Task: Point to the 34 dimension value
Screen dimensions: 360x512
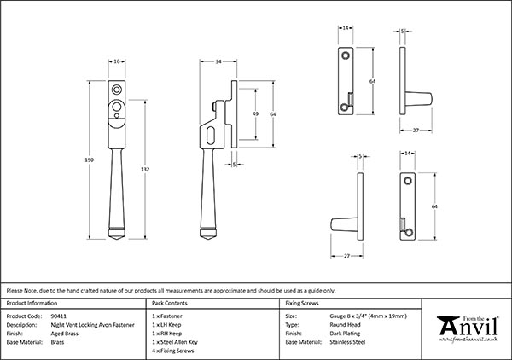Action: pyautogui.click(x=219, y=61)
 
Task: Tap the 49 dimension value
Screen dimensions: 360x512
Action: pyautogui.click(x=255, y=113)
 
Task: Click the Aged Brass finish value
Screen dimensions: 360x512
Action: pyautogui.click(x=65, y=333)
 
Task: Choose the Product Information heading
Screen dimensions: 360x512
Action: pyautogui.click(x=32, y=304)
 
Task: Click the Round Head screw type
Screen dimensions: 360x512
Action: pyautogui.click(x=348, y=324)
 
